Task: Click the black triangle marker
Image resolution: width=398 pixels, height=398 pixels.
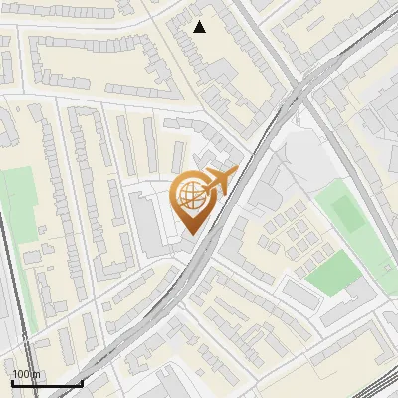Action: [200, 27]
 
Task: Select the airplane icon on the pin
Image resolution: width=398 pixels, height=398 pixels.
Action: [217, 181]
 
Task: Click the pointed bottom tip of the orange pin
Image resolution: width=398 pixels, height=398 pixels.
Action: [191, 234]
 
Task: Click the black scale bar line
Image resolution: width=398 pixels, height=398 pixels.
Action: [46, 383]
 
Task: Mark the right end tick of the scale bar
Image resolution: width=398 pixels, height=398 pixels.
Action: [81, 382]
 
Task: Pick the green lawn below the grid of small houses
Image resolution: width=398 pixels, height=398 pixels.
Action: [331, 271]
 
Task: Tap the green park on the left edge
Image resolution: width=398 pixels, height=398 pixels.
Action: [18, 210]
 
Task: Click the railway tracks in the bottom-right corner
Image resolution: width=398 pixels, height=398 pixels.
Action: [373, 388]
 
